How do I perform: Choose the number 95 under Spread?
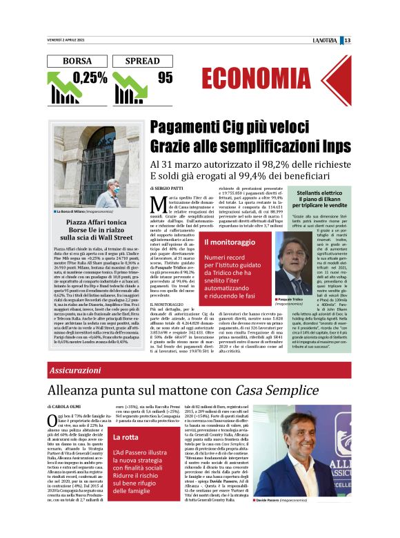[x=165, y=77]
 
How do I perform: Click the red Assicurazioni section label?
[x=75, y=371]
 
